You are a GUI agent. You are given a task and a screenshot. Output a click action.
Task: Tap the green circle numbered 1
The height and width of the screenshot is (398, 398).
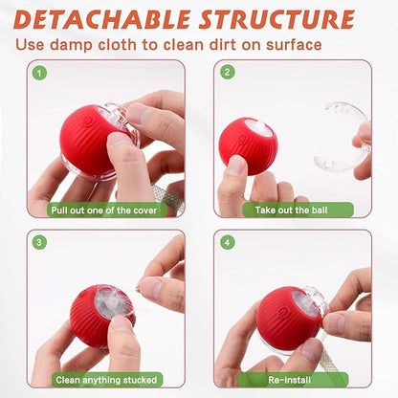[39, 73]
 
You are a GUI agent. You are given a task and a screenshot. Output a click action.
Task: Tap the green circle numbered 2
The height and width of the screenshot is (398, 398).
[228, 73]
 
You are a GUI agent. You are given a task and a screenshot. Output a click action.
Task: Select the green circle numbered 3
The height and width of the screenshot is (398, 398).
[39, 242]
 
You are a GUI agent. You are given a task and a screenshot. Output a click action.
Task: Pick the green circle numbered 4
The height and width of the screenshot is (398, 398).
[228, 242]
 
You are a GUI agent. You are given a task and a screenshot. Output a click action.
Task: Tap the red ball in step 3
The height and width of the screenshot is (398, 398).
[96, 316]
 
